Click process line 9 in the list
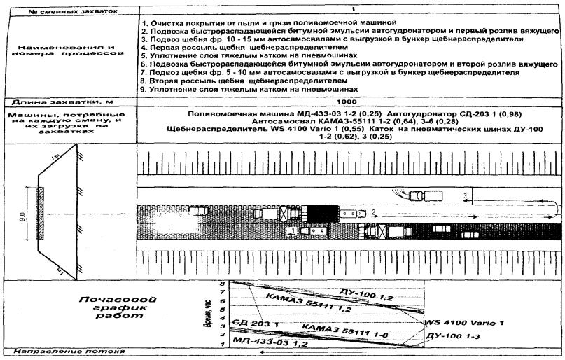pos(250,89)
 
